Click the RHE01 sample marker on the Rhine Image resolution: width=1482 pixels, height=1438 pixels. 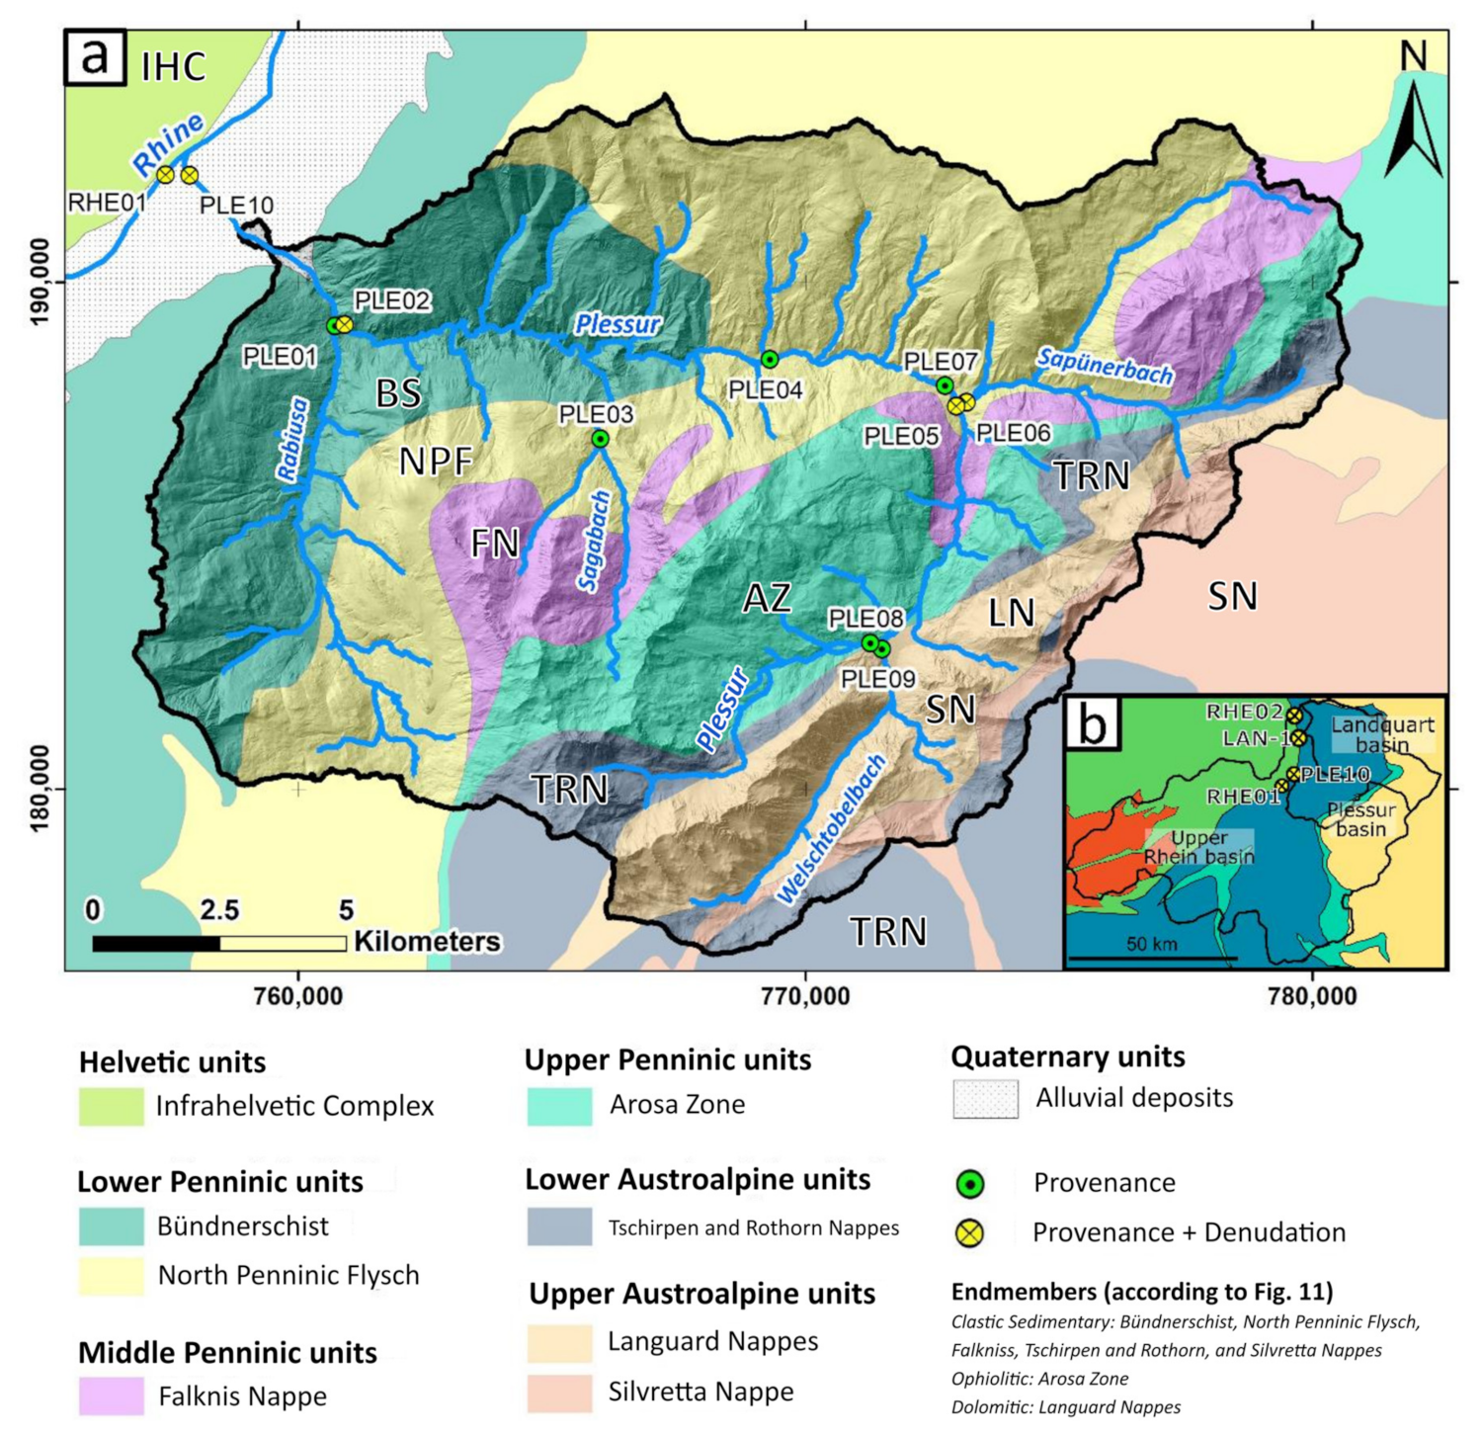[x=166, y=175]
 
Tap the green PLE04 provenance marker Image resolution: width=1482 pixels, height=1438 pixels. [x=769, y=359]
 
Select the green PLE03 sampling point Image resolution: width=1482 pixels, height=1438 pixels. [x=600, y=439]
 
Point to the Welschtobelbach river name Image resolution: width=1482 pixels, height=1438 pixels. [x=831, y=830]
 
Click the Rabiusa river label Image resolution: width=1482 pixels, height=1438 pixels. [x=293, y=440]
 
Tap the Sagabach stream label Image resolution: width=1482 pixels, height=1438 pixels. [x=595, y=542]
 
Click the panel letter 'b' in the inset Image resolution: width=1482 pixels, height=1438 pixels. [x=1092, y=723]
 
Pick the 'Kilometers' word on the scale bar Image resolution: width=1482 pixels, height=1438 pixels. [x=427, y=941]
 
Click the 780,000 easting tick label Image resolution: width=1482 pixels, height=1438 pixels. [x=1312, y=996]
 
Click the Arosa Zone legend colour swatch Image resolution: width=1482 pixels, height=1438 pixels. [x=559, y=1105]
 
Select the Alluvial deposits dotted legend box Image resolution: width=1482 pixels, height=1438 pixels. [x=985, y=1099]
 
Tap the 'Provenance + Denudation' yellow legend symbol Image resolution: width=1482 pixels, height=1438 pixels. [x=970, y=1232]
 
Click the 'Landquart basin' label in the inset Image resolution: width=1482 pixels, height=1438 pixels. [x=1381, y=734]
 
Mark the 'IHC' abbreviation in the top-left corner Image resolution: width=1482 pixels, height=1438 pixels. [x=174, y=67]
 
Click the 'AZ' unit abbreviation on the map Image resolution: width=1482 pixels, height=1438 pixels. [x=767, y=598]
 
